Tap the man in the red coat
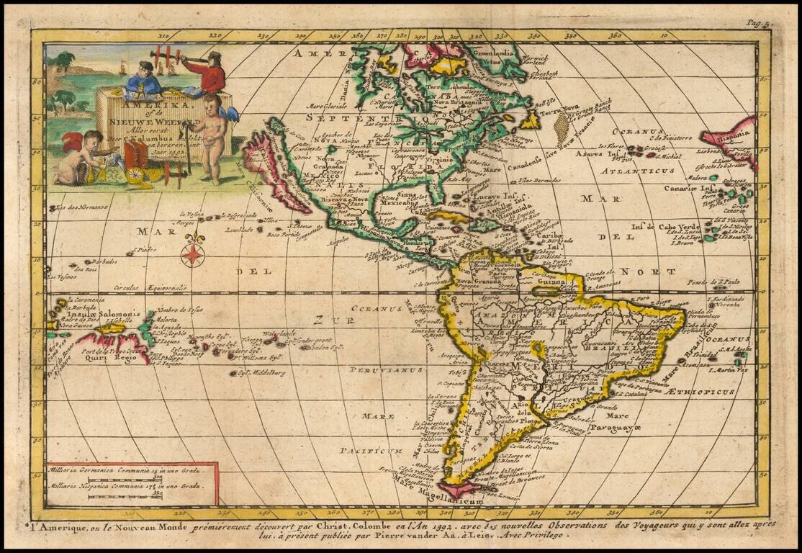coord(209,73)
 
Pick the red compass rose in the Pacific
coord(193,253)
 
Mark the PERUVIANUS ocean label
coord(375,370)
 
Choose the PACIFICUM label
coord(371,451)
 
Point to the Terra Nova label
coord(559,111)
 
